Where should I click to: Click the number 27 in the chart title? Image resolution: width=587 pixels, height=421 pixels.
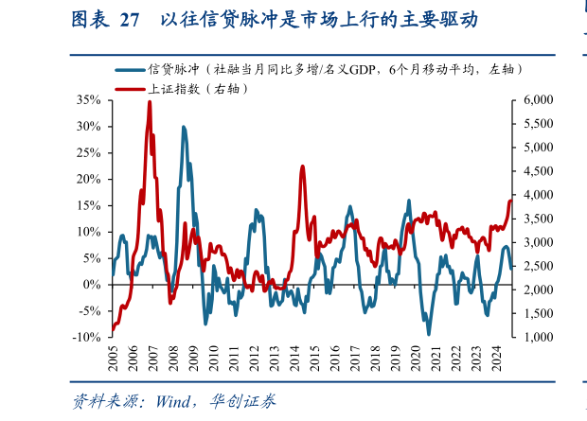pyautogui.click(x=129, y=19)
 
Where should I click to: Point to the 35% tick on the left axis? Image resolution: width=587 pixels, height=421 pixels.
pyautogui.click(x=88, y=99)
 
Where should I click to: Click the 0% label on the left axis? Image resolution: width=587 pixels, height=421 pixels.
pyautogui.click(x=92, y=284)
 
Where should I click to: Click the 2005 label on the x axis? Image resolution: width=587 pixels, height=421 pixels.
pyautogui.click(x=112, y=360)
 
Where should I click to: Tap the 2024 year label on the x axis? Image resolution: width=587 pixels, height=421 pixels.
pyautogui.click(x=498, y=360)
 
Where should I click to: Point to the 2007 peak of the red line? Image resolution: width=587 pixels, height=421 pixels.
pyautogui.click(x=150, y=101)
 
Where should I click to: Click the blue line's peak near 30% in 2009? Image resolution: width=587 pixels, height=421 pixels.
pyautogui.click(x=184, y=127)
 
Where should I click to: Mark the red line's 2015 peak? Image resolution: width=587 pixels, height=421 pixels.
pyautogui.click(x=302, y=167)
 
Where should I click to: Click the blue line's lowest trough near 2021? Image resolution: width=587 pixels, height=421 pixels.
pyautogui.click(x=428, y=333)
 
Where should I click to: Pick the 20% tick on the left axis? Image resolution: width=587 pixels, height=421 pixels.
pyautogui.click(x=88, y=179)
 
